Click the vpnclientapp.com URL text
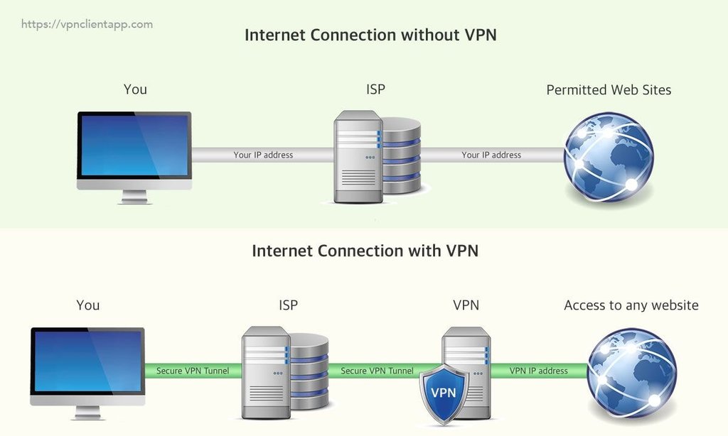point(87,24)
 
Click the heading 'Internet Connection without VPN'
point(370,36)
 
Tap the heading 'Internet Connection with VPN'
point(365,251)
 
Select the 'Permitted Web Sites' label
point(609,90)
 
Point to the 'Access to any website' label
point(631,305)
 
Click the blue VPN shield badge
point(443,391)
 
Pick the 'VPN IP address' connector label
point(538,371)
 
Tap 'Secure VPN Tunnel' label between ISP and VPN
point(377,371)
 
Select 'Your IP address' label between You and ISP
point(263,155)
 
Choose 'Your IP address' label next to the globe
point(491,155)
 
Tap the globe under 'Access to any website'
point(632,372)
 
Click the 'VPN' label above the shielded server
point(466,305)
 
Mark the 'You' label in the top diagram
point(135,89)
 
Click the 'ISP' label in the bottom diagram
point(288,305)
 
